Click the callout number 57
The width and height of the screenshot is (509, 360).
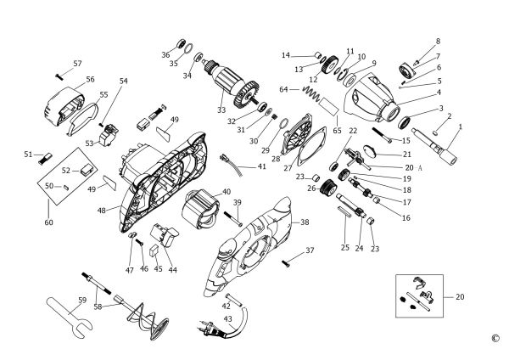click(77, 64)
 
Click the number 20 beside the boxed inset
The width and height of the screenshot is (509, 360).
click(461, 297)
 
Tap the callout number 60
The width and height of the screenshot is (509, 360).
click(48, 222)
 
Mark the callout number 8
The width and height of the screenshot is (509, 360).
click(438, 42)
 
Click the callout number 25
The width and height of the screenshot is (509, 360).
click(344, 248)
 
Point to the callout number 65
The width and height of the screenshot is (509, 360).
click(337, 131)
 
